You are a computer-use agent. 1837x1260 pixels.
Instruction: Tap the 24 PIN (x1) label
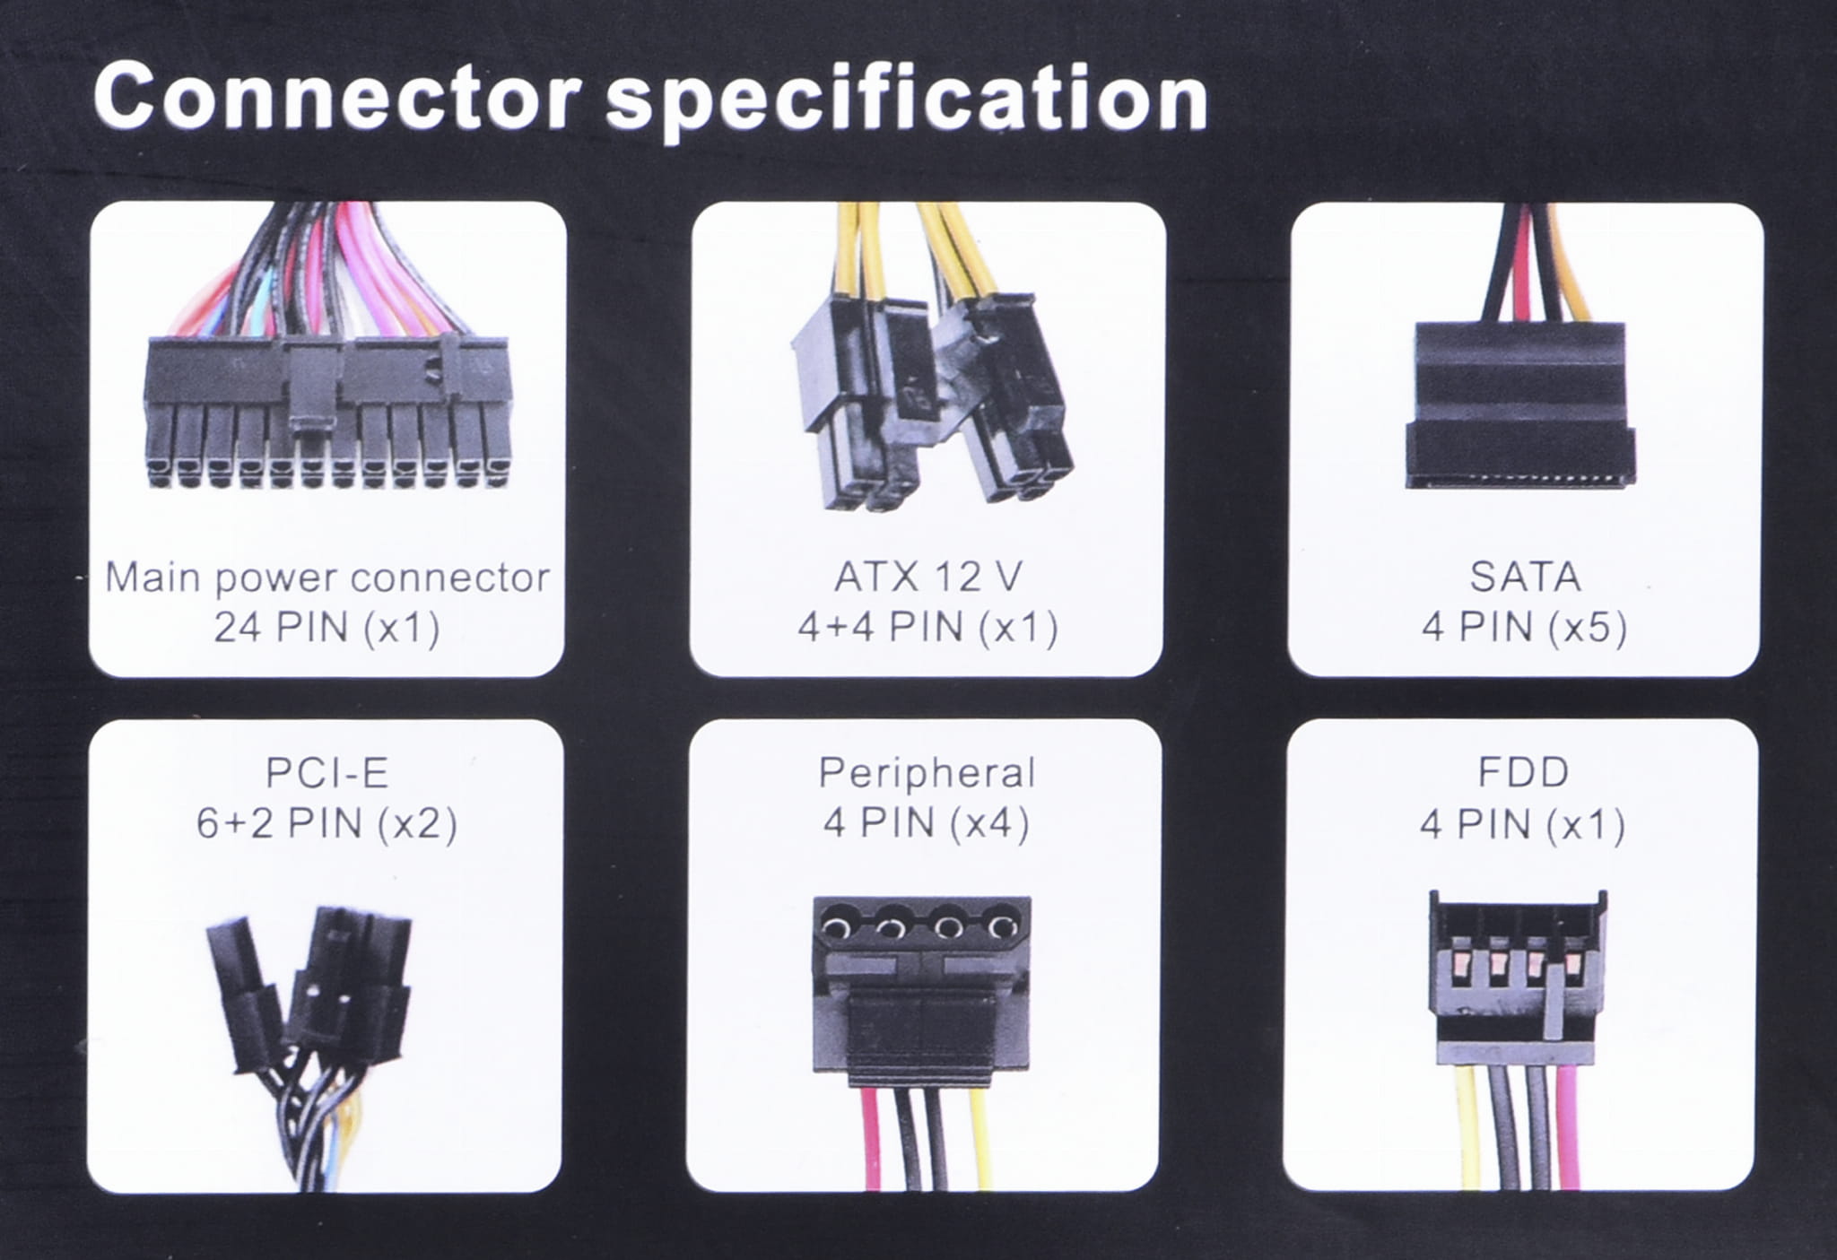(x=327, y=628)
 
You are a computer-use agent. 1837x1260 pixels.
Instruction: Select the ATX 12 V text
(x=927, y=577)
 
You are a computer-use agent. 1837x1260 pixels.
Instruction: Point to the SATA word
(x=1525, y=577)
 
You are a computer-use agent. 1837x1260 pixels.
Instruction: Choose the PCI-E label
(x=327, y=773)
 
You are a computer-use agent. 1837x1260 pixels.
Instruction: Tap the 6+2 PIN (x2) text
(x=327, y=823)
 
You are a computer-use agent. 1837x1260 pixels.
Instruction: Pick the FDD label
(x=1524, y=772)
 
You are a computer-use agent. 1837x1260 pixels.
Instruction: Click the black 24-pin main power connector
(x=327, y=413)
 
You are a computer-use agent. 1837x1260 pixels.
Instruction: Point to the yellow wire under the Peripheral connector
(x=979, y=1137)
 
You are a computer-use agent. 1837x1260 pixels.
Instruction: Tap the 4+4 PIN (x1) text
(x=927, y=628)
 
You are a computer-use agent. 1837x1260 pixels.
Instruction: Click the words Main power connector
(x=327, y=578)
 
